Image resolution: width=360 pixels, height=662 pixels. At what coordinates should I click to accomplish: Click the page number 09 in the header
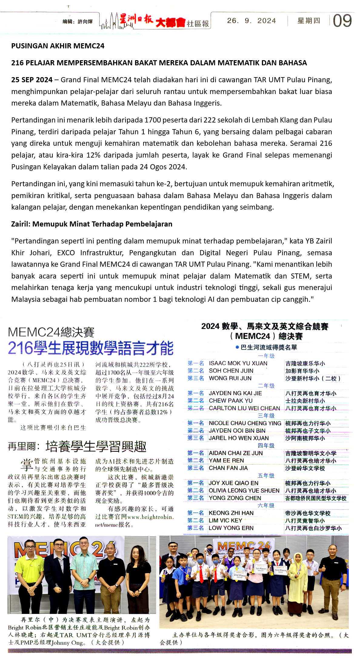342,21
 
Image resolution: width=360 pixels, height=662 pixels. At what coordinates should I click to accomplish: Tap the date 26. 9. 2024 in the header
252,21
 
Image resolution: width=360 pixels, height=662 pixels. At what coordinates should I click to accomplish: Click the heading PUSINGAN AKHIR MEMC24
58,46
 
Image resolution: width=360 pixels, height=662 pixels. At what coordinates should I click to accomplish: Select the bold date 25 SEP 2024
32,80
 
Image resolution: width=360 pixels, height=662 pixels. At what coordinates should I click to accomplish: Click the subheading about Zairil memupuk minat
92,224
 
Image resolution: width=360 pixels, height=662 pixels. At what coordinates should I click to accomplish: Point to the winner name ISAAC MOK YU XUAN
238,363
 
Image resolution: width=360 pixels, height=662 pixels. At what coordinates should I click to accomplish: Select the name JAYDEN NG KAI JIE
235,393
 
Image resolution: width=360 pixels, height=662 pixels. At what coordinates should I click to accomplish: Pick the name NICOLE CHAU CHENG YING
245,423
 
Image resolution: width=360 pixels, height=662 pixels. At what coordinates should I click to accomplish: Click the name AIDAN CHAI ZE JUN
236,453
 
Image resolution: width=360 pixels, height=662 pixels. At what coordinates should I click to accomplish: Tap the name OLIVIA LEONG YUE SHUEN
244,491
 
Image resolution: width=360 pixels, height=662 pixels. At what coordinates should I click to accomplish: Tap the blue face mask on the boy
200,560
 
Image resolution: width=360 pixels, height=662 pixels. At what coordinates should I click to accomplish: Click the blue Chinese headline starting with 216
91,348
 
